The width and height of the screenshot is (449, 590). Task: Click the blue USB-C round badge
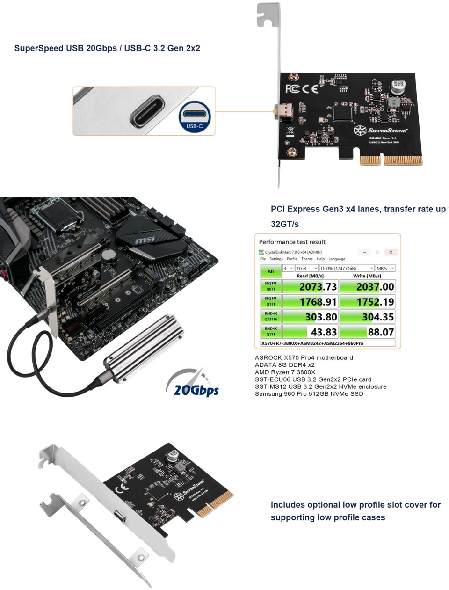[x=195, y=117]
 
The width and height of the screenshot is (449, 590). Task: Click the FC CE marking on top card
[x=302, y=89]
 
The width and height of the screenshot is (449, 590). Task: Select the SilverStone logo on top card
[x=381, y=130]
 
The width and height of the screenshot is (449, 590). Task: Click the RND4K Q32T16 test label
[x=271, y=317]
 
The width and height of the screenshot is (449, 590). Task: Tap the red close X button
[x=391, y=252]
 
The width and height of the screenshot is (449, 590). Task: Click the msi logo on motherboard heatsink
[x=145, y=240]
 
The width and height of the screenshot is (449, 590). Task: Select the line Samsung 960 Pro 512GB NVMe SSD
[x=309, y=394]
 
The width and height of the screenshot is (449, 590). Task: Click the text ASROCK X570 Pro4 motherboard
[x=304, y=357]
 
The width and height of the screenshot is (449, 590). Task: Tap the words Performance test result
[x=292, y=242]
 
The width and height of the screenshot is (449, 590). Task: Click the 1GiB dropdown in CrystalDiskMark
[x=307, y=268]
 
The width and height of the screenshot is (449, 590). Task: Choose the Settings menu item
[x=276, y=259]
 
